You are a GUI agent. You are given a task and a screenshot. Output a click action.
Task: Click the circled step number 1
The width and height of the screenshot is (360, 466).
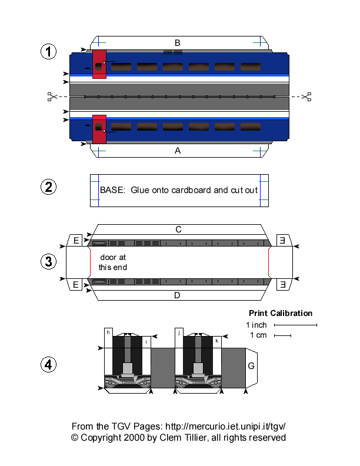[49, 52]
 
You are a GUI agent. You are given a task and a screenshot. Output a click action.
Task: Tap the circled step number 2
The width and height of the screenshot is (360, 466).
[49, 188]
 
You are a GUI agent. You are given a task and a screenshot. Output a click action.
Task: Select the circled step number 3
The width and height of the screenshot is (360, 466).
[49, 261]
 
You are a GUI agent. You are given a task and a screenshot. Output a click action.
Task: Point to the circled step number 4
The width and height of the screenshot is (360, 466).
[49, 365]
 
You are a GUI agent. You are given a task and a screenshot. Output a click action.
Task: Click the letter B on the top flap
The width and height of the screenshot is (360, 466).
[177, 42]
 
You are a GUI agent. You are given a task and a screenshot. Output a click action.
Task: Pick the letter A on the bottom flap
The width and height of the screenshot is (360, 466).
[177, 151]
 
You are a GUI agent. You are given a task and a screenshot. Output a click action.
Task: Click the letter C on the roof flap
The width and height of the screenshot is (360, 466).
[178, 229]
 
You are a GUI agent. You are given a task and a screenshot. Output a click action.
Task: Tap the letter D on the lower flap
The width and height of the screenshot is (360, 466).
[177, 295]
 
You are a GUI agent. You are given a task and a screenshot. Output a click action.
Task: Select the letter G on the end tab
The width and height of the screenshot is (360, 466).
[251, 366]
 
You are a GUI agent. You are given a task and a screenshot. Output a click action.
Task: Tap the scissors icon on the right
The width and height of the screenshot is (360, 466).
[306, 96]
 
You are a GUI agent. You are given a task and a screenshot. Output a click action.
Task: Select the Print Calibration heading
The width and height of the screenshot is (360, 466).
[281, 313]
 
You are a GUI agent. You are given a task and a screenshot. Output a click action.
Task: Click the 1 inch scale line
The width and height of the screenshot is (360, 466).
[295, 325]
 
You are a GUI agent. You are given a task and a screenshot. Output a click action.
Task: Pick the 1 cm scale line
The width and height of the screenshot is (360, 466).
[282, 336]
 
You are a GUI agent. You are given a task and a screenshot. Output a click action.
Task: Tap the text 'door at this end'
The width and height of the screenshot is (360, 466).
[112, 262]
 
